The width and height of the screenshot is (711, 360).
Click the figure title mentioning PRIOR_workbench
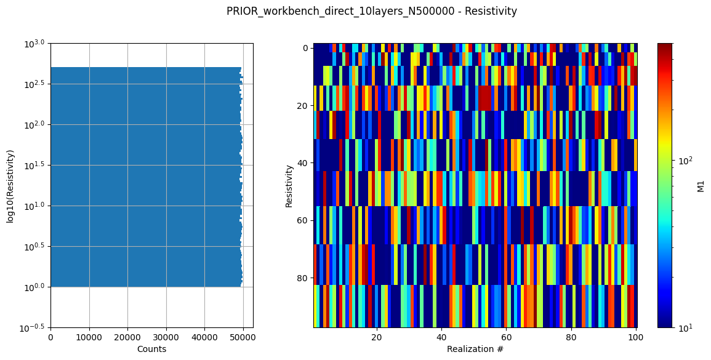[x=371, y=11]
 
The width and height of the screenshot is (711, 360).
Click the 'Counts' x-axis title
[x=151, y=349]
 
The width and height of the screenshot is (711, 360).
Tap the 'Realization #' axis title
[x=475, y=349]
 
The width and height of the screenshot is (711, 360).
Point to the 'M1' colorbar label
[x=701, y=185]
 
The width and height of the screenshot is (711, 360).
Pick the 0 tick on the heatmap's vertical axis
[x=306, y=48]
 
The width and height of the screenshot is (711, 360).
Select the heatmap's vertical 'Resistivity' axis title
[x=289, y=185]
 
